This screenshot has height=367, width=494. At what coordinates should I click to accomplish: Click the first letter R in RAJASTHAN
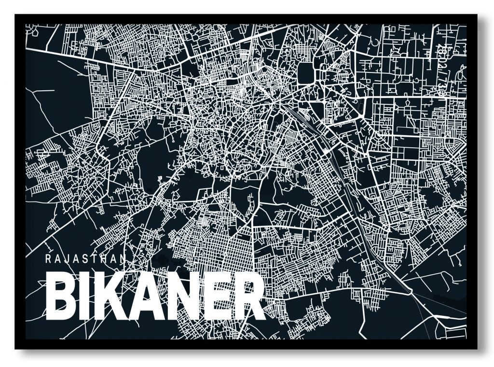coord(47,258)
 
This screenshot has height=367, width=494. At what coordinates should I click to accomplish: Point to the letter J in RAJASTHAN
coord(67,258)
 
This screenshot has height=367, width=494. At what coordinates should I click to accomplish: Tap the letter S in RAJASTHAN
coord(86,258)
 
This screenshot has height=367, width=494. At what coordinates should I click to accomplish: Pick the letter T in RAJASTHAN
coord(95,258)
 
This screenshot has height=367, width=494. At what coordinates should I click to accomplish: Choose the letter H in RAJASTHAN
coord(106,258)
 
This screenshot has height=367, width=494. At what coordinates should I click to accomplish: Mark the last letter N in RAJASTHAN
coord(125,258)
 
